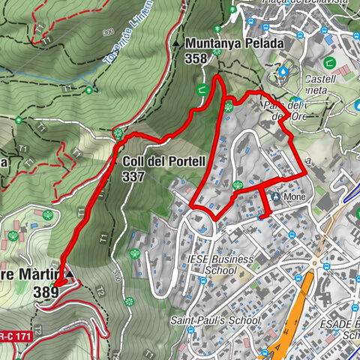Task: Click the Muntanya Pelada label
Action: point(233,44)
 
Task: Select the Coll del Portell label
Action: point(154,161)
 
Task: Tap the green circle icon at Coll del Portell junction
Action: point(118,134)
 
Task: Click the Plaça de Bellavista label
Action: point(303,4)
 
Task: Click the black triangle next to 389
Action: point(70,275)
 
